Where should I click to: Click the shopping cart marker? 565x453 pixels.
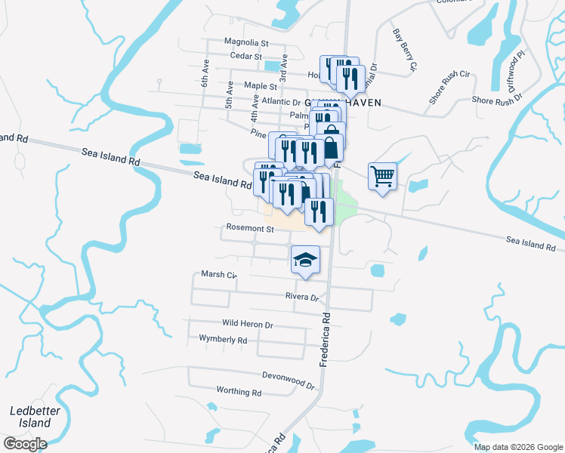click(383, 177)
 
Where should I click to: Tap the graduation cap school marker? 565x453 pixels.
click(305, 260)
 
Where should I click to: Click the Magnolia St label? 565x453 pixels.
click(246, 43)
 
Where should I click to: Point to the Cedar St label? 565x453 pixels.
click(245, 57)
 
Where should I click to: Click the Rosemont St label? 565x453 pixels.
click(249, 228)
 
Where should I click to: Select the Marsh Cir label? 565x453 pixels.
click(218, 275)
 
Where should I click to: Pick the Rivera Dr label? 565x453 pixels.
click(301, 297)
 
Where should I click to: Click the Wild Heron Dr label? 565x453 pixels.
click(247, 324)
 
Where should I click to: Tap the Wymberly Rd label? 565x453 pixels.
click(223, 340)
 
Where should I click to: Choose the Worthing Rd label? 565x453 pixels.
click(238, 392)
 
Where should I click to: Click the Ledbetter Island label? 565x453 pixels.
click(29, 417)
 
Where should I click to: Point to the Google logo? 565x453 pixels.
click(25, 443)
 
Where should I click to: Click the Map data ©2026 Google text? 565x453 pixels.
click(517, 447)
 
